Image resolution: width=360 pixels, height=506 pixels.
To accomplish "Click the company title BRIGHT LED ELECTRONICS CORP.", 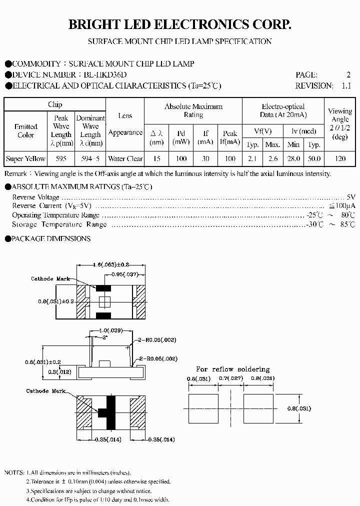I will (x=179, y=24).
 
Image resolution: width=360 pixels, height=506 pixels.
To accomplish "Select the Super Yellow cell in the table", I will (x=25, y=158).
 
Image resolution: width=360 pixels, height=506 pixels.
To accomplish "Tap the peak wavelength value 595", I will (x=61, y=158).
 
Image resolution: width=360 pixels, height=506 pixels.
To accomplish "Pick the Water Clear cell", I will (x=125, y=158).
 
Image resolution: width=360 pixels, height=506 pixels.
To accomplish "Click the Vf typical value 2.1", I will (x=252, y=158).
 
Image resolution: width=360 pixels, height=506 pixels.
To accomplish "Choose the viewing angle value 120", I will (x=340, y=158).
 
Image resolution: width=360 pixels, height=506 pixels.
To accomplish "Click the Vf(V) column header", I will (x=262, y=131).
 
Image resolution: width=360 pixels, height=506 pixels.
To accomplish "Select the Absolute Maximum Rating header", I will (x=193, y=110).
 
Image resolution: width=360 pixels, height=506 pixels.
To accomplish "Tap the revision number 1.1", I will (x=346, y=85).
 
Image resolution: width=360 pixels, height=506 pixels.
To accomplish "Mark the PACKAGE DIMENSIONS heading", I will (x=51, y=238).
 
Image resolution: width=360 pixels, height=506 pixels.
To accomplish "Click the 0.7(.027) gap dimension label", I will (x=231, y=378).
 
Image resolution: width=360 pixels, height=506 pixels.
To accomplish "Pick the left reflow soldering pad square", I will (x=203, y=408).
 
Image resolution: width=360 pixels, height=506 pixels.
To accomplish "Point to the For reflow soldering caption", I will (x=232, y=369).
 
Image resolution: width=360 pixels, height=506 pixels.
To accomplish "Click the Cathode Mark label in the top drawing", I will (x=50, y=279).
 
